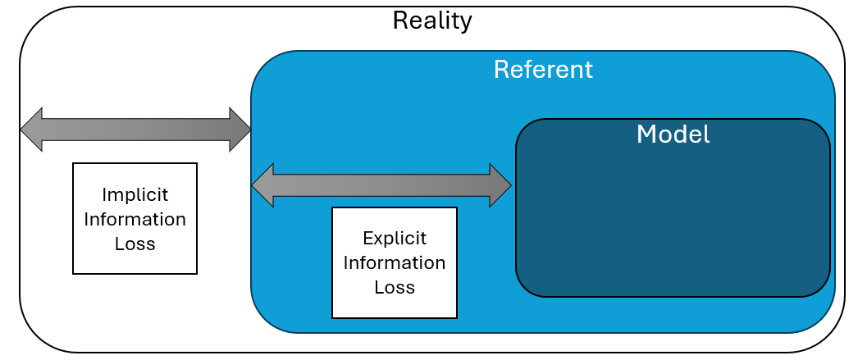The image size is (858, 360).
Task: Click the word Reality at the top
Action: [x=432, y=20]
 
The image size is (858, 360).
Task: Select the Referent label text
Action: [x=542, y=70]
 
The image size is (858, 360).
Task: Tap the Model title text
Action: [x=673, y=134]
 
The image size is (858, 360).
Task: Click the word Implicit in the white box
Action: [x=135, y=195]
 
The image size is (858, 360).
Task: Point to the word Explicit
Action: [x=394, y=239]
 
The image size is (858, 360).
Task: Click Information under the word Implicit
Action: [x=135, y=220]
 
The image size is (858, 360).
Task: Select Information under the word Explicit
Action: [x=394, y=263]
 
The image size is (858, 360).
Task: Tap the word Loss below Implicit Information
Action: [x=135, y=244]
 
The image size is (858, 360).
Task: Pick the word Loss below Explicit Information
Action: [x=394, y=288]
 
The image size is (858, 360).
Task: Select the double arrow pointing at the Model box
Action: [x=381, y=185]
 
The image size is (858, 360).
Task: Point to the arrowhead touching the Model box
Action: [x=501, y=185]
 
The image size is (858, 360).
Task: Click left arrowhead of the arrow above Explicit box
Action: [x=262, y=185]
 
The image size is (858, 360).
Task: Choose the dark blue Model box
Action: [x=673, y=221]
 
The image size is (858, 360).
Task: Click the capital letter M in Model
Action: [x=646, y=134]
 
